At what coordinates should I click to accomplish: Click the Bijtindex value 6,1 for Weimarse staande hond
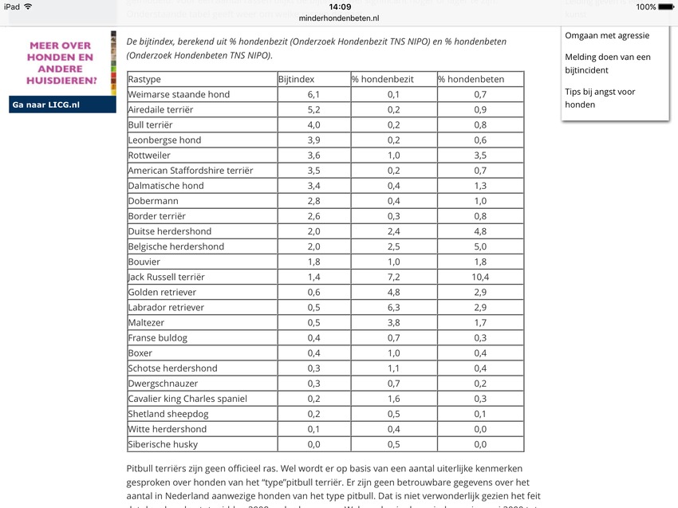click(313, 94)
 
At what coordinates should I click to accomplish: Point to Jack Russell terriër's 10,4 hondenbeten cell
click(480, 277)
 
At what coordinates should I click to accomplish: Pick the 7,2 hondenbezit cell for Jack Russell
click(393, 277)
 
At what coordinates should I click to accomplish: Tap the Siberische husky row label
click(163, 444)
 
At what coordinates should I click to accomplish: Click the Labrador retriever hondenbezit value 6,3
click(393, 307)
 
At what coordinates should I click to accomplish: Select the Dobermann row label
click(153, 201)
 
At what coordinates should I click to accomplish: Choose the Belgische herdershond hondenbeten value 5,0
click(480, 246)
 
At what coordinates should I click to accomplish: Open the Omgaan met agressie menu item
click(606, 35)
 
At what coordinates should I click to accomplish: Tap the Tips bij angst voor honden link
click(600, 98)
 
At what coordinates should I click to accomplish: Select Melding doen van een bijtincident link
click(607, 63)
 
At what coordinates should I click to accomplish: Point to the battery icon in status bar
click(667, 6)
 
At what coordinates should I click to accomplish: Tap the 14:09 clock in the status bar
click(339, 6)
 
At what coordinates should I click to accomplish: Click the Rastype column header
click(144, 79)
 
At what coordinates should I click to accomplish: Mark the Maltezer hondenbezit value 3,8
click(393, 322)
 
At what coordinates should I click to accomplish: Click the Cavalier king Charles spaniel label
click(187, 399)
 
